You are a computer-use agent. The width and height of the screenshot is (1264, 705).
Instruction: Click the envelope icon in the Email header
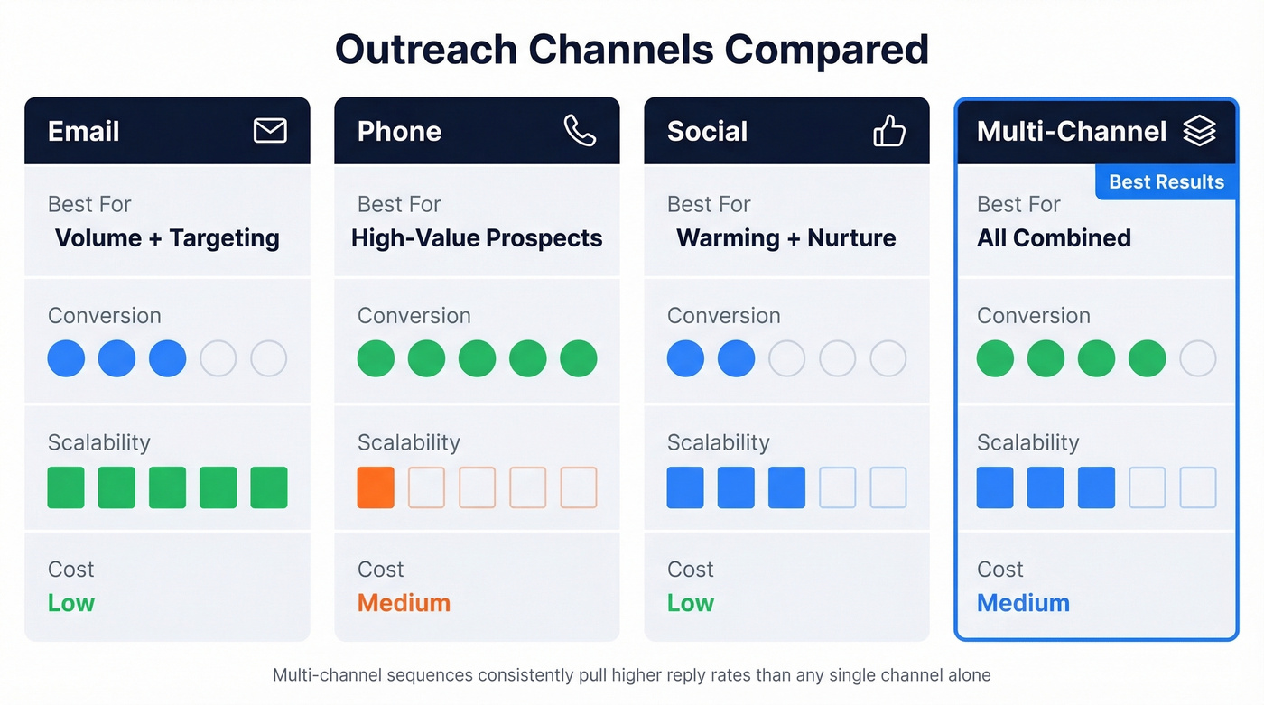pos(270,131)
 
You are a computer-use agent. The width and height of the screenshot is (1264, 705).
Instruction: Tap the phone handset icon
pos(580,131)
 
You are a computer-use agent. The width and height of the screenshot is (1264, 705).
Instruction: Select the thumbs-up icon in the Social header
pos(889,132)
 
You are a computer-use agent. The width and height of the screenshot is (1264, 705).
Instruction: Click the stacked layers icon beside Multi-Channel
pos(1199,131)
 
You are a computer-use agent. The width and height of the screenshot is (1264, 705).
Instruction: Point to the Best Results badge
pos(1166,182)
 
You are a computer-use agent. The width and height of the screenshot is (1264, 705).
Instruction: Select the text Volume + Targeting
pos(167,238)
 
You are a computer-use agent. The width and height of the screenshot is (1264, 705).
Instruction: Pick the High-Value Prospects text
pos(477,238)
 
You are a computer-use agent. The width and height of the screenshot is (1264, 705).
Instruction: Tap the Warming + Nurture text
pos(785,238)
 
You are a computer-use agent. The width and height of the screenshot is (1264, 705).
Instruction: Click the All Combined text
pos(1054,238)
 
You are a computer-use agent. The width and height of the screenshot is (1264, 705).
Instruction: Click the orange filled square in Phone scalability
pos(376,487)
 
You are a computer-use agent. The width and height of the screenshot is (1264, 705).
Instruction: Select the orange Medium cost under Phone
pos(404,603)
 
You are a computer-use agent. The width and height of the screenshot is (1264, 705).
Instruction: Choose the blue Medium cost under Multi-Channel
pos(1023,603)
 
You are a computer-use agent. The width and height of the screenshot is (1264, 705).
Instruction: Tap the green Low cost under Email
pos(71,603)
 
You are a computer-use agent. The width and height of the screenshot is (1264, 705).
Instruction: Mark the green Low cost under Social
pos(691,603)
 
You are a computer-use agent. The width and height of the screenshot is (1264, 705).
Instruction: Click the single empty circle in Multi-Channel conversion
pos(1198,358)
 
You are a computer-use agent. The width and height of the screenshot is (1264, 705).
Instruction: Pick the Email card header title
pos(84,132)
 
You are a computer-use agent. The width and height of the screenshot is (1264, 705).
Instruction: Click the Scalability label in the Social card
pos(718,442)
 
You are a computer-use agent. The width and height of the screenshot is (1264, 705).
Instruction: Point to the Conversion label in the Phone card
pos(414,316)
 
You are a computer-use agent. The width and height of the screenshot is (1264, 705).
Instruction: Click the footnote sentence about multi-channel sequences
pos(631,675)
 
